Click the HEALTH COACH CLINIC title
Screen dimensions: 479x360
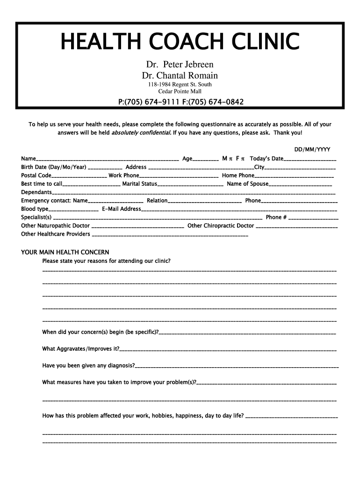180,42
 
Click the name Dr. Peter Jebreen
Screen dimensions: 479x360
180,65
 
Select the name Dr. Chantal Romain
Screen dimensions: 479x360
180,75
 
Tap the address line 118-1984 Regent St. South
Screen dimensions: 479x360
180,85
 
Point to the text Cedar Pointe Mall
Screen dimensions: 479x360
180,91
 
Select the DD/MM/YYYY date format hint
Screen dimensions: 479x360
312,150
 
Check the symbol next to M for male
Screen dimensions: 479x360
231,159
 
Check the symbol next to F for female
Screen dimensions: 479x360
244,159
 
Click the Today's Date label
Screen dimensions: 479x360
266,159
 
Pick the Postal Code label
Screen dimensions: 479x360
36,175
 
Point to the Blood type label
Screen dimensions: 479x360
35,209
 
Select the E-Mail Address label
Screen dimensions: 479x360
121,209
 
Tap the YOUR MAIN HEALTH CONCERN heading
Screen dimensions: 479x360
65,252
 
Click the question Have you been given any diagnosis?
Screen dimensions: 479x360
89,365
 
